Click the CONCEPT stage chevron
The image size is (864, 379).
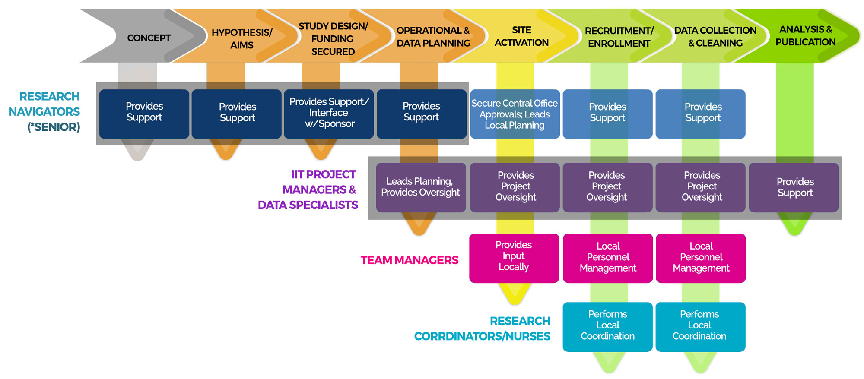[x=149, y=38]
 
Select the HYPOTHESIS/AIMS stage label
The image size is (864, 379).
[x=242, y=38]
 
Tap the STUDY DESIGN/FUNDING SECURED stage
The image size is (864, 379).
[x=333, y=39]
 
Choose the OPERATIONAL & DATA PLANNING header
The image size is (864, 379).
[x=433, y=37]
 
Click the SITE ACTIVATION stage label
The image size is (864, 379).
[x=521, y=36]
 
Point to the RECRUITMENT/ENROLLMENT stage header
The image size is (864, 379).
[x=619, y=37]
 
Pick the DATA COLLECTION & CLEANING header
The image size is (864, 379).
[x=715, y=37]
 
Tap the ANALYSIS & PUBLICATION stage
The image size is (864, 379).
[x=805, y=36]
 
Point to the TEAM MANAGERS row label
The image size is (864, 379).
[x=409, y=260]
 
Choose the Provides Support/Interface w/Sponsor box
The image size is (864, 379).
[x=329, y=114]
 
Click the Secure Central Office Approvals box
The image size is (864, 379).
[x=515, y=114]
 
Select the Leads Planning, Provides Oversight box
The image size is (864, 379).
[x=420, y=187]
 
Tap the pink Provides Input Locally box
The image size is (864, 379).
[x=514, y=258]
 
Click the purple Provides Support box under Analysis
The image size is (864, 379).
[x=795, y=187]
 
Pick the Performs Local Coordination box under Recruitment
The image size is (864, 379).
[x=607, y=327]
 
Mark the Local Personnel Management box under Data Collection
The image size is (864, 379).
[x=701, y=258]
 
